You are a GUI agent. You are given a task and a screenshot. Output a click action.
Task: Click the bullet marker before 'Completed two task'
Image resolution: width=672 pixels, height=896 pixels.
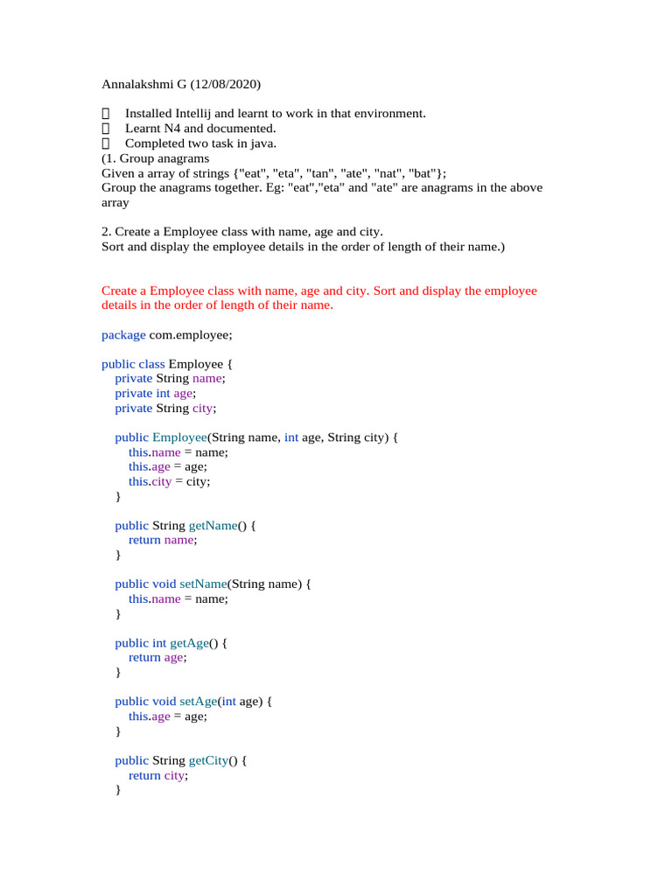(x=107, y=143)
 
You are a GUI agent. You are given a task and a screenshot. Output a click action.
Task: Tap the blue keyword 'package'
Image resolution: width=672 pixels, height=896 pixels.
(x=123, y=335)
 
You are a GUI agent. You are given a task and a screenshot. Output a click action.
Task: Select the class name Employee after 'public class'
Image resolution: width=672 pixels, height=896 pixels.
(x=194, y=364)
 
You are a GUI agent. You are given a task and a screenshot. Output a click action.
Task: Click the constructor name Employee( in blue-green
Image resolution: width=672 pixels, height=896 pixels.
(x=179, y=437)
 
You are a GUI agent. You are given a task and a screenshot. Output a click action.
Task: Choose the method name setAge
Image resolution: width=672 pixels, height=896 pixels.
(x=197, y=702)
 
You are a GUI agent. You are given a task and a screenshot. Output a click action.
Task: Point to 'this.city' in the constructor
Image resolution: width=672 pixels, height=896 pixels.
(x=150, y=481)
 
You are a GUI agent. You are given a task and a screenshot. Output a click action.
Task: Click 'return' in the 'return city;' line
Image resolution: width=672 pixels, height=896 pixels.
(x=144, y=775)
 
